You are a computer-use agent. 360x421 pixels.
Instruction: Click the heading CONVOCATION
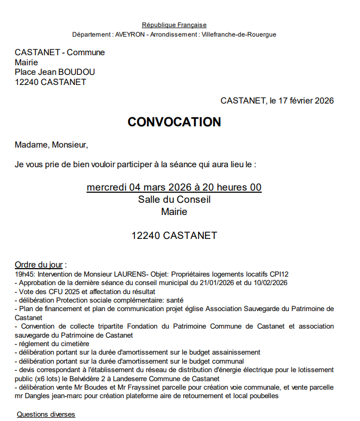point(174,122)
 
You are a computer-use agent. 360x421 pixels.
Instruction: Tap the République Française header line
point(174,25)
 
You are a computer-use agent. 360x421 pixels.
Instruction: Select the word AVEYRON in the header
point(130,35)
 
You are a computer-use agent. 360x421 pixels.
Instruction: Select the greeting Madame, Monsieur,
point(51,144)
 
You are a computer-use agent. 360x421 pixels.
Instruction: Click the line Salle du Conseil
point(174,200)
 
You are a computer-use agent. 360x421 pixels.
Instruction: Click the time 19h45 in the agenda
point(24,274)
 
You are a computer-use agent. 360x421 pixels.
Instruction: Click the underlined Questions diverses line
point(46,414)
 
